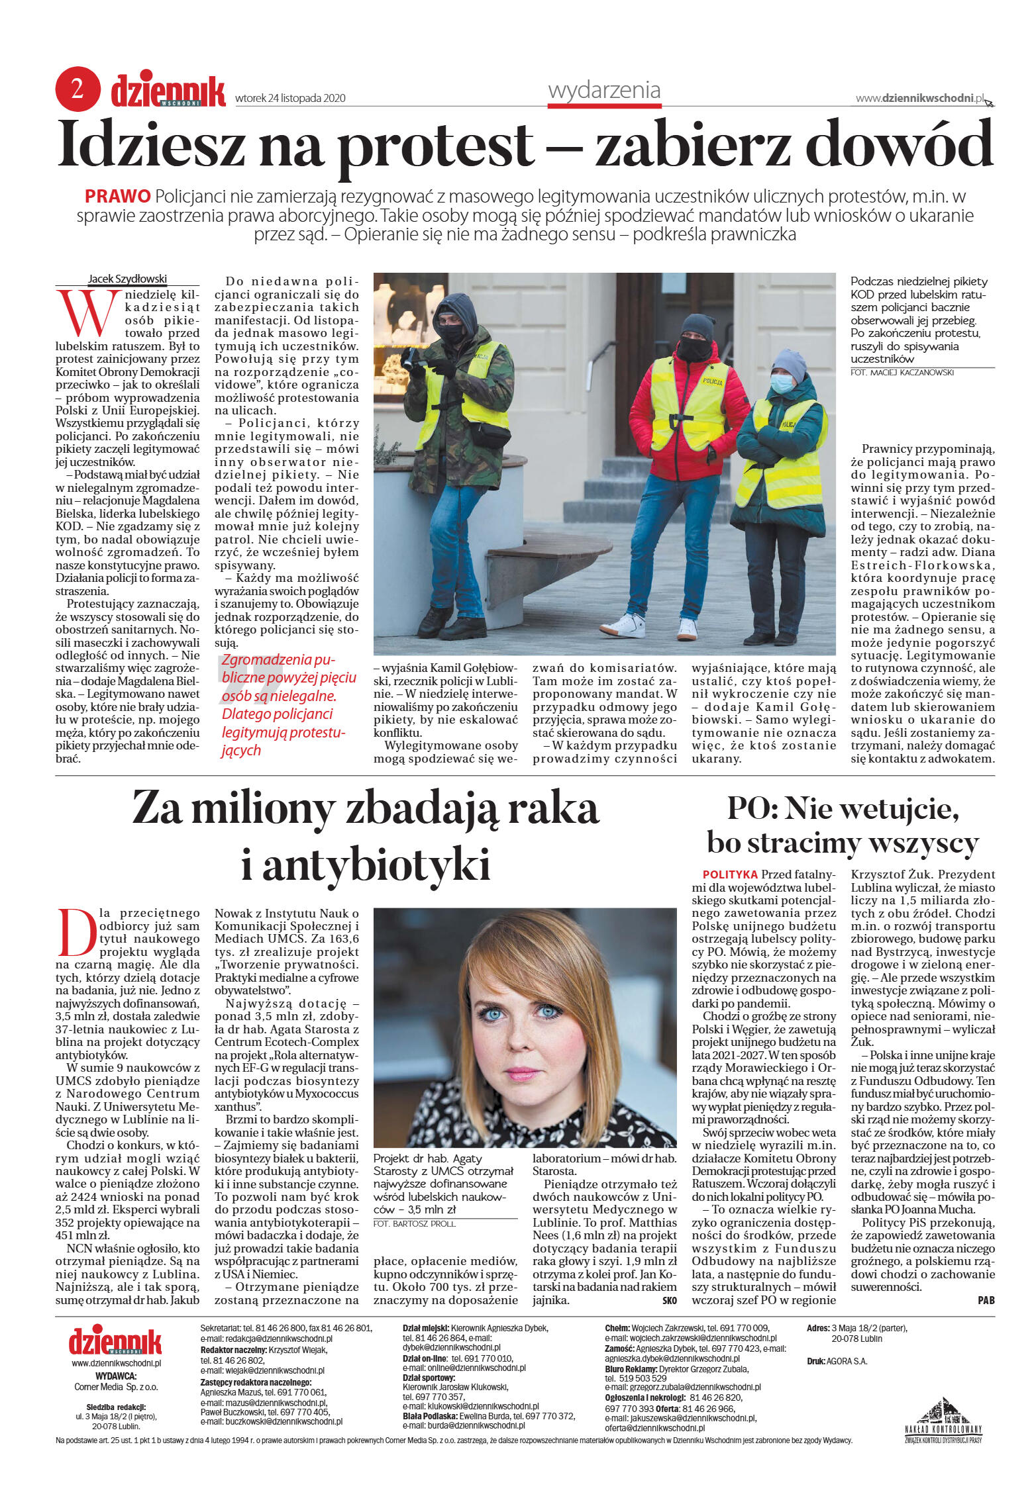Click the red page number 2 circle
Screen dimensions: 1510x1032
[x=77, y=89]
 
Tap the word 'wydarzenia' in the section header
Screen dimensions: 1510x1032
[x=604, y=89]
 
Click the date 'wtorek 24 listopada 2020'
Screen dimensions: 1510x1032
[x=290, y=99]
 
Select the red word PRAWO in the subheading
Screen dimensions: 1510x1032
[x=118, y=196]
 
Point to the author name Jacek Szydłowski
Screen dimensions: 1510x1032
[x=127, y=279]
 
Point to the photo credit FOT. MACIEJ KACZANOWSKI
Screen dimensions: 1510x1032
[x=902, y=373]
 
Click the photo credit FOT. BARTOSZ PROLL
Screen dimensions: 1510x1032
[x=414, y=1224]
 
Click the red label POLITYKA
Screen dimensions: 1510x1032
[x=730, y=874]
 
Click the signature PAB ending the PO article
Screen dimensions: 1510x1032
[x=986, y=1300]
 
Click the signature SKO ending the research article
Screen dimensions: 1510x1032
[x=669, y=1300]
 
